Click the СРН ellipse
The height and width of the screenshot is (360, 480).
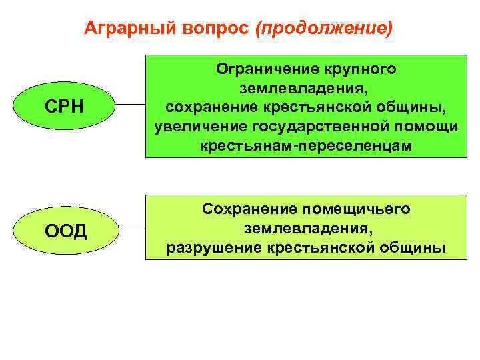[x=64, y=107]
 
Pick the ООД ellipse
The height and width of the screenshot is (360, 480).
[x=65, y=231]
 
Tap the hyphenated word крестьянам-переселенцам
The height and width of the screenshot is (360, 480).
[x=306, y=146]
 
